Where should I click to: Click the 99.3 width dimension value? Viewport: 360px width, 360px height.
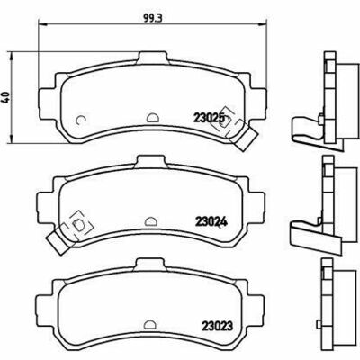(x=153, y=18)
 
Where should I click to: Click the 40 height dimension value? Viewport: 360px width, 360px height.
(x=6, y=97)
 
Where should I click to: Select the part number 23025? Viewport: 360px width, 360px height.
(x=209, y=118)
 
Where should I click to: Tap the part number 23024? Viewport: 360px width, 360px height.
(x=211, y=221)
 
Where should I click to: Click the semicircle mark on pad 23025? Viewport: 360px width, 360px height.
(x=152, y=118)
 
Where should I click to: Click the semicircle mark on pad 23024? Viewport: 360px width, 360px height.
(x=150, y=221)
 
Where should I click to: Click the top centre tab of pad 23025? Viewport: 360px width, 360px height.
(x=153, y=58)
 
